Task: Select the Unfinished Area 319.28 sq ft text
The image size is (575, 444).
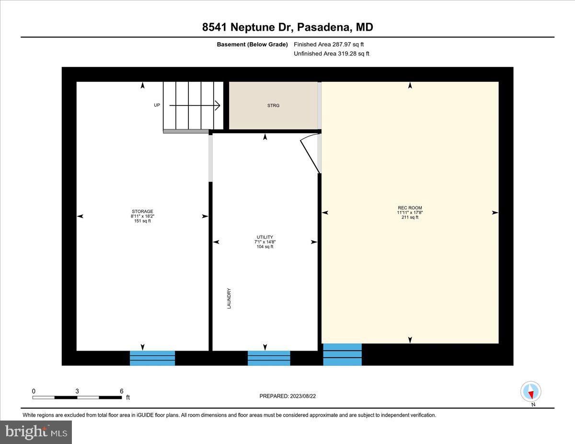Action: click(x=331, y=54)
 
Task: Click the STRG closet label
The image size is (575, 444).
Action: click(x=273, y=105)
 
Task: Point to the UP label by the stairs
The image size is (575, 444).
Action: click(x=157, y=105)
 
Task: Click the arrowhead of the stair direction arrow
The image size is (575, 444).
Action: click(x=217, y=105)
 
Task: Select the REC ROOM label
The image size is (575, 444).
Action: click(x=410, y=208)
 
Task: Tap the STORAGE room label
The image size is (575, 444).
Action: click(x=142, y=212)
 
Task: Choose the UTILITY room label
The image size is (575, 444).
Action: click(x=264, y=237)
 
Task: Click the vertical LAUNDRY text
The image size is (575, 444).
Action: click(x=229, y=298)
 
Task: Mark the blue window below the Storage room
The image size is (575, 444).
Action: click(x=152, y=358)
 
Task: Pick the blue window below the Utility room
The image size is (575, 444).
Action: click(x=269, y=358)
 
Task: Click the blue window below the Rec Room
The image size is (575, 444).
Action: click(x=342, y=354)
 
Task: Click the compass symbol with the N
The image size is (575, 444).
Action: click(x=530, y=392)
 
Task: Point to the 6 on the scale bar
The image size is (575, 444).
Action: click(x=122, y=391)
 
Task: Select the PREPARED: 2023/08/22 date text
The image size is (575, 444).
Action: click(x=287, y=396)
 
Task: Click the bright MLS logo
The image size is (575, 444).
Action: click(x=36, y=432)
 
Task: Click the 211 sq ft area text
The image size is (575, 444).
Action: click(x=410, y=217)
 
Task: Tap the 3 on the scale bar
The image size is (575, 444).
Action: click(x=77, y=391)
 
